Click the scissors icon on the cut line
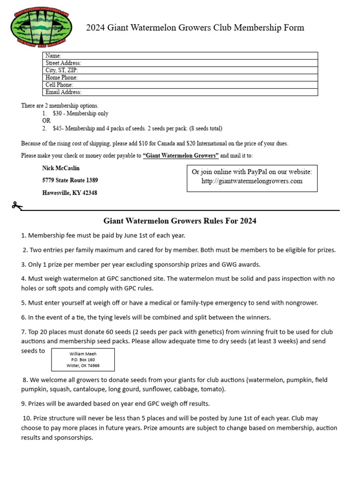pyautogui.click(x=16, y=205)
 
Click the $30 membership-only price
pyautogui.click(x=57, y=113)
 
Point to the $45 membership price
pyautogui.click(x=57, y=128)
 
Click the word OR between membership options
pyautogui.click(x=46, y=121)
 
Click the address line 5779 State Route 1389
pyautogui.click(x=70, y=180)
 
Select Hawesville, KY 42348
pyautogui.click(x=69, y=193)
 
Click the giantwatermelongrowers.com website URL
pyautogui.click(x=252, y=181)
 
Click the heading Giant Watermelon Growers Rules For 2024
pyautogui.click(x=180, y=221)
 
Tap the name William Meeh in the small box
pyautogui.click(x=82, y=354)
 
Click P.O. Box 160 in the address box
pyautogui.click(x=82, y=360)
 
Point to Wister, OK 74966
pyautogui.click(x=82, y=366)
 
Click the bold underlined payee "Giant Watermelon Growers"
pyautogui.click(x=181, y=156)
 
